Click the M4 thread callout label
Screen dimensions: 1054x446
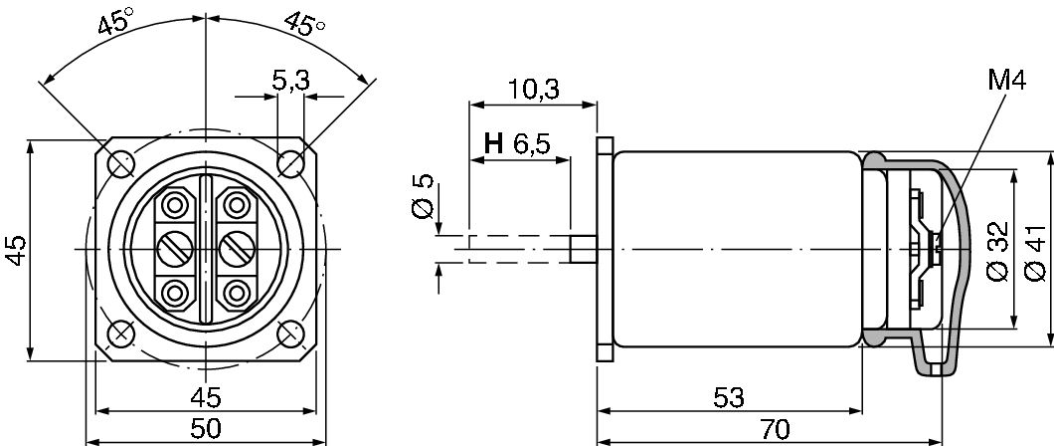[1007, 81]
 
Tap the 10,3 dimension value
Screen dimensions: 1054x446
[533, 90]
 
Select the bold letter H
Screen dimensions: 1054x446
[493, 143]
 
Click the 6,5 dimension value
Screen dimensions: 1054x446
[532, 144]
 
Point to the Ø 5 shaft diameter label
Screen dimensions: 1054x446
[423, 196]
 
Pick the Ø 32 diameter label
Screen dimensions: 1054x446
[998, 251]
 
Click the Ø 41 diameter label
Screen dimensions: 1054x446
[1035, 252]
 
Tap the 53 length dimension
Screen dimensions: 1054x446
[729, 397]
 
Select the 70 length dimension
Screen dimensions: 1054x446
[775, 428]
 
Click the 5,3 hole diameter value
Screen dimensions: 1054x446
[290, 81]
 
